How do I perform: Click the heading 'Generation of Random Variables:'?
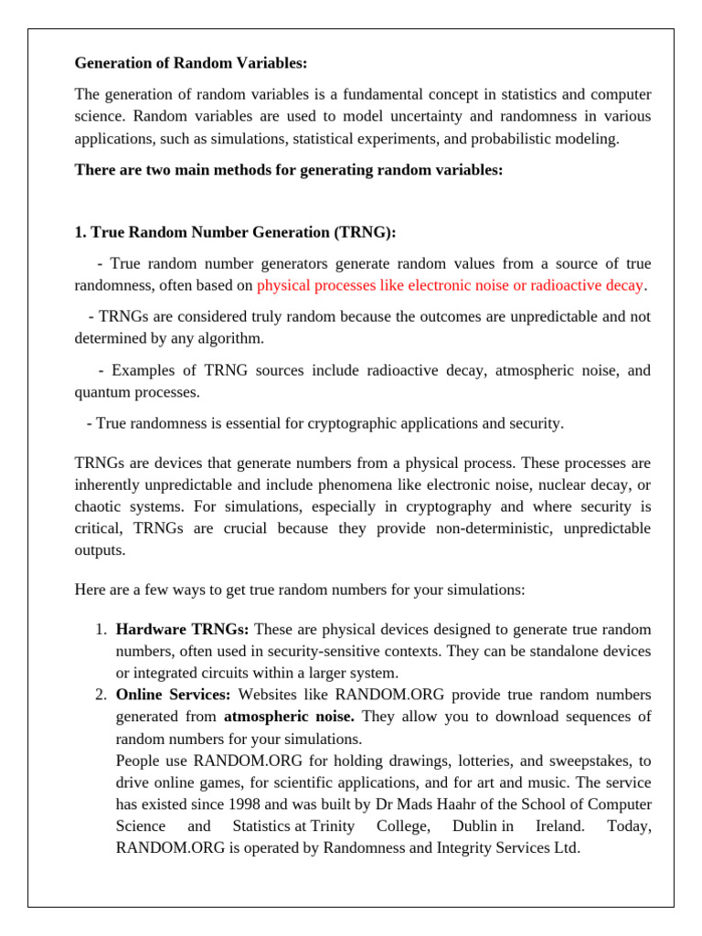point(191,63)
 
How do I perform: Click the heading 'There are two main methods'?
point(288,170)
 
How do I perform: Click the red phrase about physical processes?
point(450,285)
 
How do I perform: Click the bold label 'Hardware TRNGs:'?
point(183,630)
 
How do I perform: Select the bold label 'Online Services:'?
point(173,695)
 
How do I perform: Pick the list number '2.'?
point(102,695)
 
